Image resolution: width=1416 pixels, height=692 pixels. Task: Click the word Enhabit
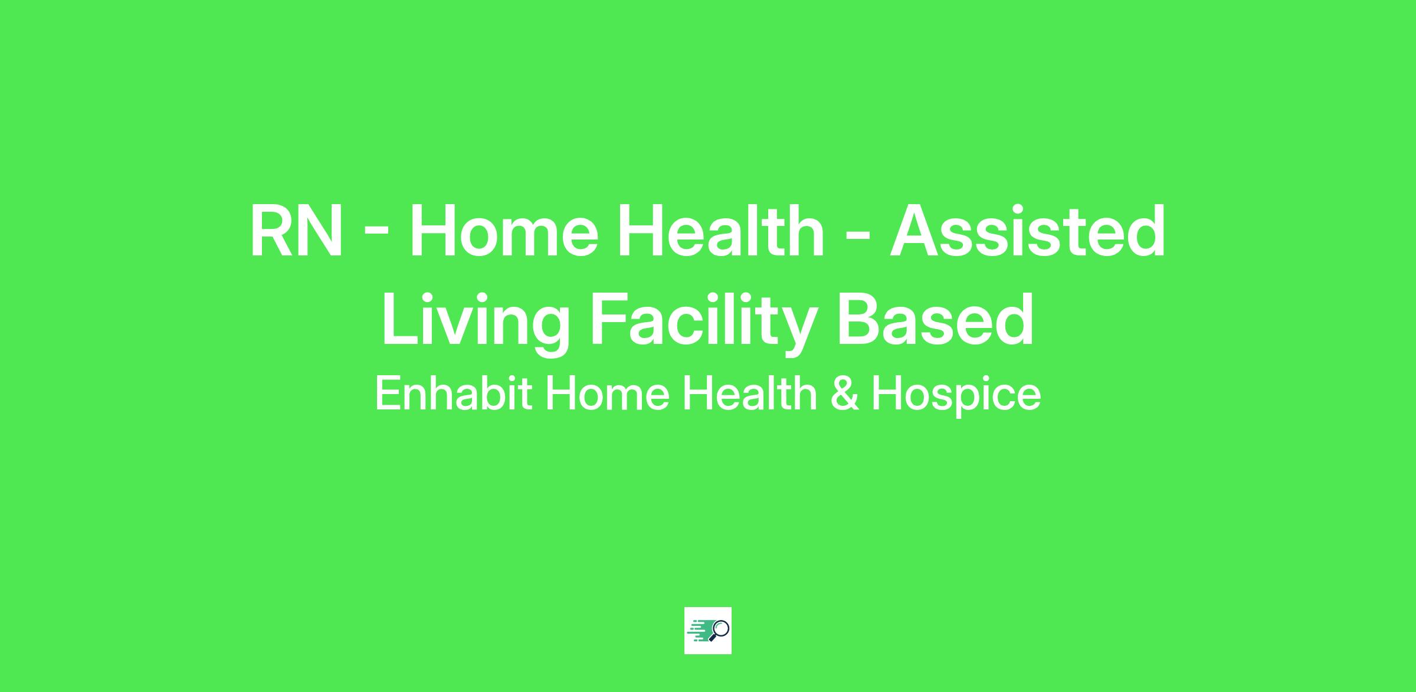click(454, 393)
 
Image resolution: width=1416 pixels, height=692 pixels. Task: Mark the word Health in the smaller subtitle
click(750, 393)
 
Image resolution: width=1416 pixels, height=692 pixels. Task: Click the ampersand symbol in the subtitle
click(844, 394)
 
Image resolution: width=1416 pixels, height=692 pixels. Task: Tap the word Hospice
click(956, 395)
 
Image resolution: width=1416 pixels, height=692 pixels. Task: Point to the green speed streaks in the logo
click(700, 631)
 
